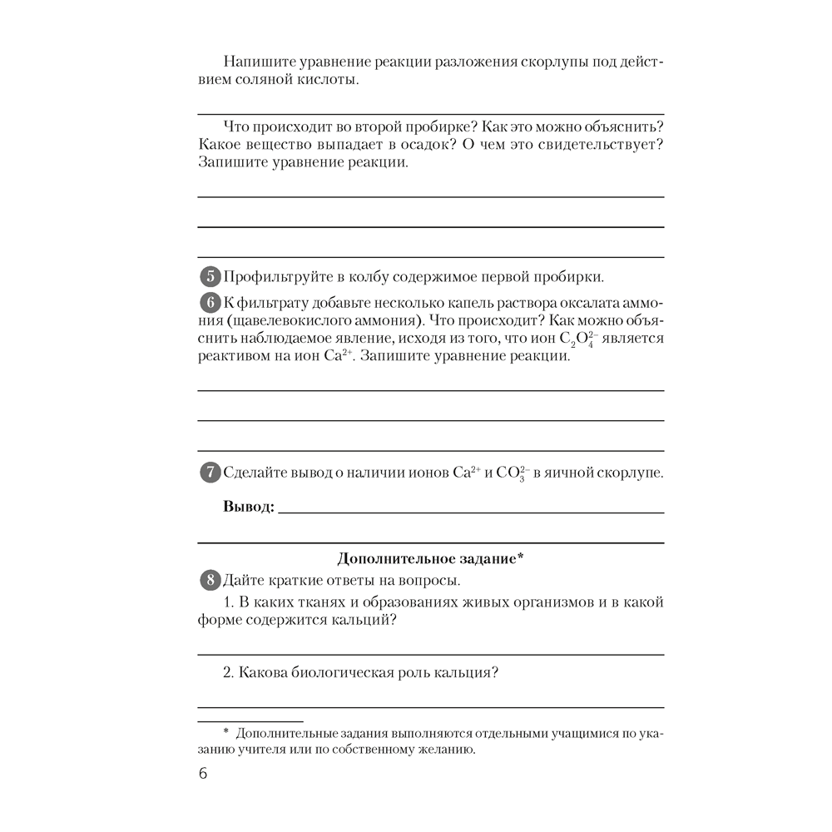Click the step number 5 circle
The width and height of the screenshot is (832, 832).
click(x=211, y=277)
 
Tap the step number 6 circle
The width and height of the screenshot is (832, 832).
click(x=211, y=304)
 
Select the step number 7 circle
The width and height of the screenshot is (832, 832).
click(x=211, y=473)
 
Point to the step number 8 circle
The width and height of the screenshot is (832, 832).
click(x=211, y=580)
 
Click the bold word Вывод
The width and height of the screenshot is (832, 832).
click(x=249, y=507)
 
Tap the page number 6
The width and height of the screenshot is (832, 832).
click(x=203, y=774)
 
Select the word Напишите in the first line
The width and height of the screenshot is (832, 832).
click(x=260, y=62)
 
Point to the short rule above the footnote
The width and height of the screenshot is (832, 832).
click(x=250, y=721)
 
